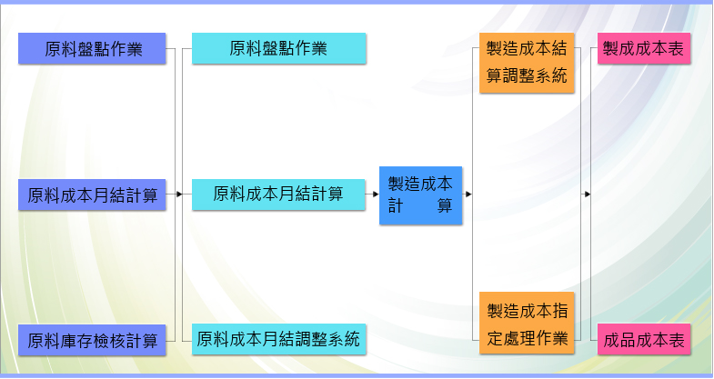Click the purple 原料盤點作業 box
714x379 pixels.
click(x=92, y=48)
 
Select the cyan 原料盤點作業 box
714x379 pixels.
click(x=278, y=48)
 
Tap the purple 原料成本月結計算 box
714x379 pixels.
click(x=92, y=194)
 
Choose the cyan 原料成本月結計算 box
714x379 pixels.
click(x=278, y=194)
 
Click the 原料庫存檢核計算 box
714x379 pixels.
click(x=92, y=340)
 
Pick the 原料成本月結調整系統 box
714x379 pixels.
click(x=278, y=339)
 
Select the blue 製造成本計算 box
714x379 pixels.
click(x=421, y=195)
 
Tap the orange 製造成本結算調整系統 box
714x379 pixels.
click(x=527, y=63)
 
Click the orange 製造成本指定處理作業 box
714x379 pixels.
click(x=527, y=323)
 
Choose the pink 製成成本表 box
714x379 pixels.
click(x=644, y=48)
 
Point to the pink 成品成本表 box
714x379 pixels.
click(x=644, y=339)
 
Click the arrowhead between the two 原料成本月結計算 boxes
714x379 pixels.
click(x=179, y=194)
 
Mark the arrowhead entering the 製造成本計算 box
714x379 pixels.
click(x=376, y=194)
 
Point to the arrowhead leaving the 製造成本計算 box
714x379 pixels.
click(x=468, y=194)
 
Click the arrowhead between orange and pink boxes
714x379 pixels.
click(x=588, y=194)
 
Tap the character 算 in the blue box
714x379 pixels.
click(x=445, y=205)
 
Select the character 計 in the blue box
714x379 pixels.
click(x=396, y=205)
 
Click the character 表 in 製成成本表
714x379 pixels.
click(x=676, y=48)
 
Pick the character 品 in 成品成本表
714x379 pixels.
click(x=628, y=340)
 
